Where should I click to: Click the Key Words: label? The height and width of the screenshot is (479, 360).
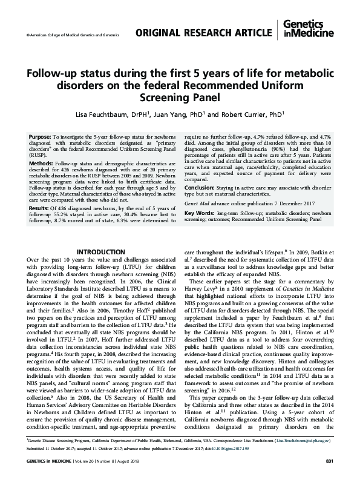200,213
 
